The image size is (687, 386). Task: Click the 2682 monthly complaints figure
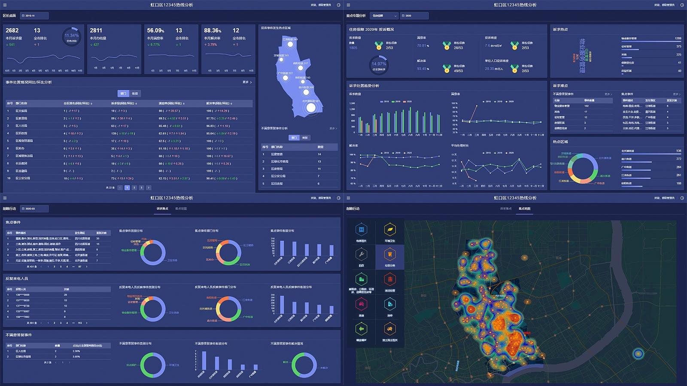tap(12, 31)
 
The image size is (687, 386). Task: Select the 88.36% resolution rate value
tap(213, 31)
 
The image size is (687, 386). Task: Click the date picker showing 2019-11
tap(34, 16)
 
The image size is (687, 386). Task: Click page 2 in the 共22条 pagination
tap(134, 187)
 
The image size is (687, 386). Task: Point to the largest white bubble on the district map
tap(310, 107)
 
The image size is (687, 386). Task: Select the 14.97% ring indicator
tap(379, 64)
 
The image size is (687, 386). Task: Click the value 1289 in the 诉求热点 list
tap(678, 39)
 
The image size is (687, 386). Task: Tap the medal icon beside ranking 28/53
tap(447, 45)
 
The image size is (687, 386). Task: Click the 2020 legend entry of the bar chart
tap(407, 101)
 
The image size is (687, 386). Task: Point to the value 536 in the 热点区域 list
tap(678, 151)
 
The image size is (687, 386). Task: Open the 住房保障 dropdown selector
tap(384, 16)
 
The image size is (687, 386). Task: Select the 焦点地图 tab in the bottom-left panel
tap(181, 208)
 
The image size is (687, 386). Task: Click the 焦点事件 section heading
tap(13, 222)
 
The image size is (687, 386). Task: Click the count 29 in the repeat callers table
tap(66, 295)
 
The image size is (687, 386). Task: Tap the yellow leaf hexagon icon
tap(389, 230)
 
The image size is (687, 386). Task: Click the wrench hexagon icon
tap(361, 254)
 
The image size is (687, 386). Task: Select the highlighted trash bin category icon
tap(389, 254)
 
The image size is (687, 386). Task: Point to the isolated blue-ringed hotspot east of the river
tap(638, 354)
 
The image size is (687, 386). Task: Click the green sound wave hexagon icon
tap(361, 329)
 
